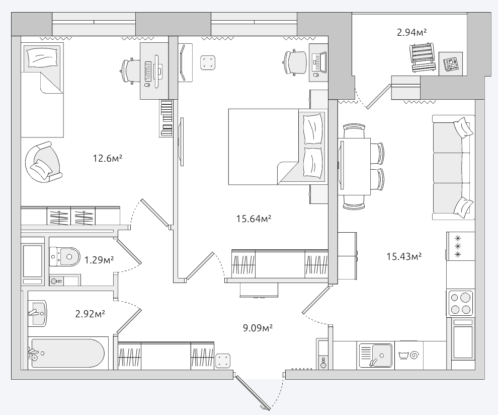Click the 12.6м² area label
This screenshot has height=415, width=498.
(x=107, y=158)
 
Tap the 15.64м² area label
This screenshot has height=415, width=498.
(x=254, y=219)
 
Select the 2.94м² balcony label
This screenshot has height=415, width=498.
(x=411, y=32)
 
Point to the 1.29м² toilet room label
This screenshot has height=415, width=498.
(x=99, y=260)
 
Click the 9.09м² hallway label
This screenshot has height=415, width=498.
(x=258, y=328)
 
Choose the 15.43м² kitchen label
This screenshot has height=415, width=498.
(x=404, y=256)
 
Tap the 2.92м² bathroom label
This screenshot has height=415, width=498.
(x=90, y=314)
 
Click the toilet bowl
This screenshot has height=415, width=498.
(x=64, y=257)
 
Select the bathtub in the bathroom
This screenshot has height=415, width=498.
(x=67, y=354)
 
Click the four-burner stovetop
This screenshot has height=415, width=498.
(x=460, y=303)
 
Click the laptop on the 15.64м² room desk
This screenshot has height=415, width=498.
(x=319, y=61)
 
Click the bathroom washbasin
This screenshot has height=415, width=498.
(x=38, y=313)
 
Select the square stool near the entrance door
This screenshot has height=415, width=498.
(x=223, y=361)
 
